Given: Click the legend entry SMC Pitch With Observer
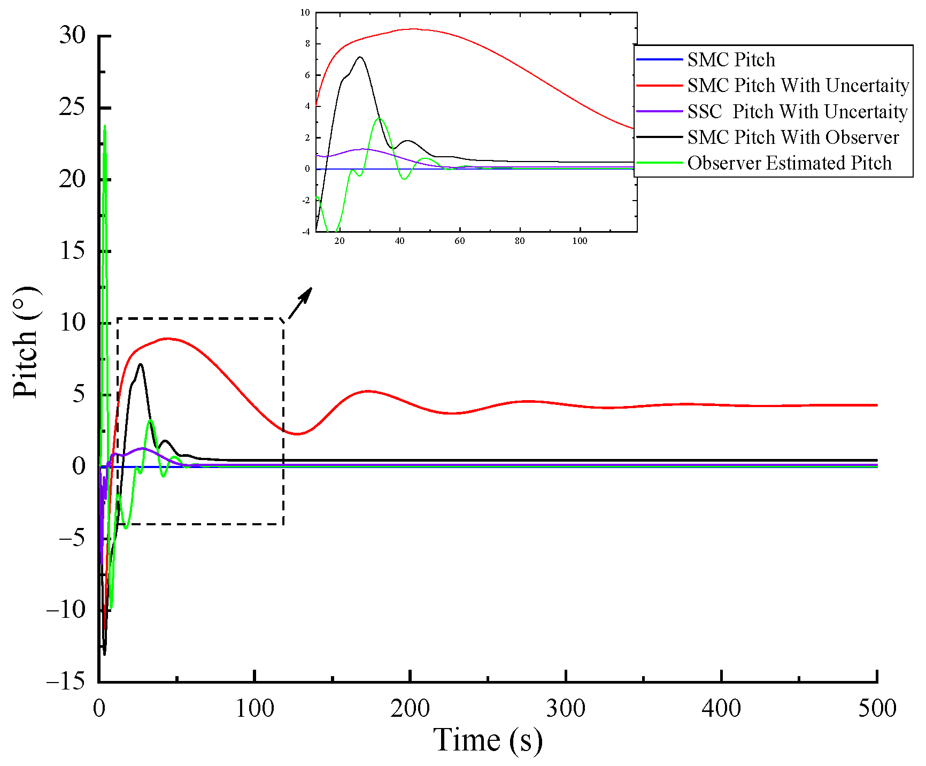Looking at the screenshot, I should [793, 137].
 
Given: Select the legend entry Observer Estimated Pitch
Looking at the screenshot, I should [789, 163].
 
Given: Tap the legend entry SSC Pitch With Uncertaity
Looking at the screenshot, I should [797, 112].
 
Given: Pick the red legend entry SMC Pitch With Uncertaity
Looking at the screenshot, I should [798, 86].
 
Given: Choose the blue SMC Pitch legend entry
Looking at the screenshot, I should [731, 60].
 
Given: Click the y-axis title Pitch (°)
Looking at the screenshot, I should [26, 342].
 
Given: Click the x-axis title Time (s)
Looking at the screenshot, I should [488, 740].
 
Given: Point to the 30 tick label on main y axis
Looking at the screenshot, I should [72, 36].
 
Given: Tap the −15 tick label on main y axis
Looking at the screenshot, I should [66, 681].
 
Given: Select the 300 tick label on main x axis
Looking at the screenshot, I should [566, 709].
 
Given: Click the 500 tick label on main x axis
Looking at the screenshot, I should [877, 709].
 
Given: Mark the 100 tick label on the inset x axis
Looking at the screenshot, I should [580, 241].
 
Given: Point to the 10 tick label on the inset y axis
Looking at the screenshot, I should [305, 12].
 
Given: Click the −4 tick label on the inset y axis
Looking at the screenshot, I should [306, 232].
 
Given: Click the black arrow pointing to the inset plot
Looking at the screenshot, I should [300, 303].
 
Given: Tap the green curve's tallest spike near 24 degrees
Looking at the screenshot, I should [105, 126].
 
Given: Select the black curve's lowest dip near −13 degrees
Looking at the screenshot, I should [104, 654].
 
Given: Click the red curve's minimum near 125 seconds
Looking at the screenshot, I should [297, 434].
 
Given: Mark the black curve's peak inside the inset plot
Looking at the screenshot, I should [360, 57].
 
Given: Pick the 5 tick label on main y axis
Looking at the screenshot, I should [79, 394].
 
